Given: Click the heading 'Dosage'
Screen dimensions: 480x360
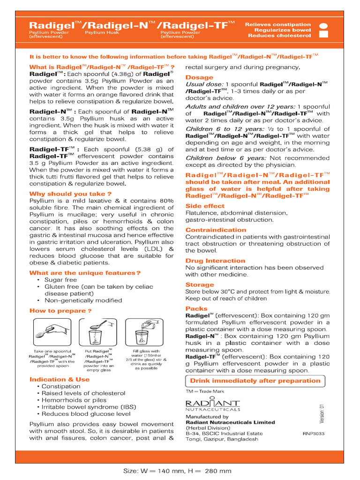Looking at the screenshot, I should point(199,77).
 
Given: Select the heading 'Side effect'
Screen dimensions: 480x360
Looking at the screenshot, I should point(205,206).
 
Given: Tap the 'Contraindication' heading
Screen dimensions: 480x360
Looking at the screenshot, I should point(215,230).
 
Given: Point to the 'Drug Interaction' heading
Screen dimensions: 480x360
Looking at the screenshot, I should point(215,261).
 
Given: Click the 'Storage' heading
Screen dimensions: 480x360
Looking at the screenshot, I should point(200,285).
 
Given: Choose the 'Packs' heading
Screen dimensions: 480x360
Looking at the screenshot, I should point(196,308).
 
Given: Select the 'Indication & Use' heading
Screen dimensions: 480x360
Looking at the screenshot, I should point(60,379).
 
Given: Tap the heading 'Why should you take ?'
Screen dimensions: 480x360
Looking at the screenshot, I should point(70,194).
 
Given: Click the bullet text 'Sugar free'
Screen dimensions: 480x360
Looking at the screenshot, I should point(60,280).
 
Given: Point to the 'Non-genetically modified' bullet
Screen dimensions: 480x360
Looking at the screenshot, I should point(83,300).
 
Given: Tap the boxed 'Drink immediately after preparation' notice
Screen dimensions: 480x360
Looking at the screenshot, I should point(255,381).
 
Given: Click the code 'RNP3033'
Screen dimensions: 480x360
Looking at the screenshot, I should point(314,434).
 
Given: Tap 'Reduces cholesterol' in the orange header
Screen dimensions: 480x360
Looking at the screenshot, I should point(279,36).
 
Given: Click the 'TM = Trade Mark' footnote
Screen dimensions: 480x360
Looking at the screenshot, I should point(205,391).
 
